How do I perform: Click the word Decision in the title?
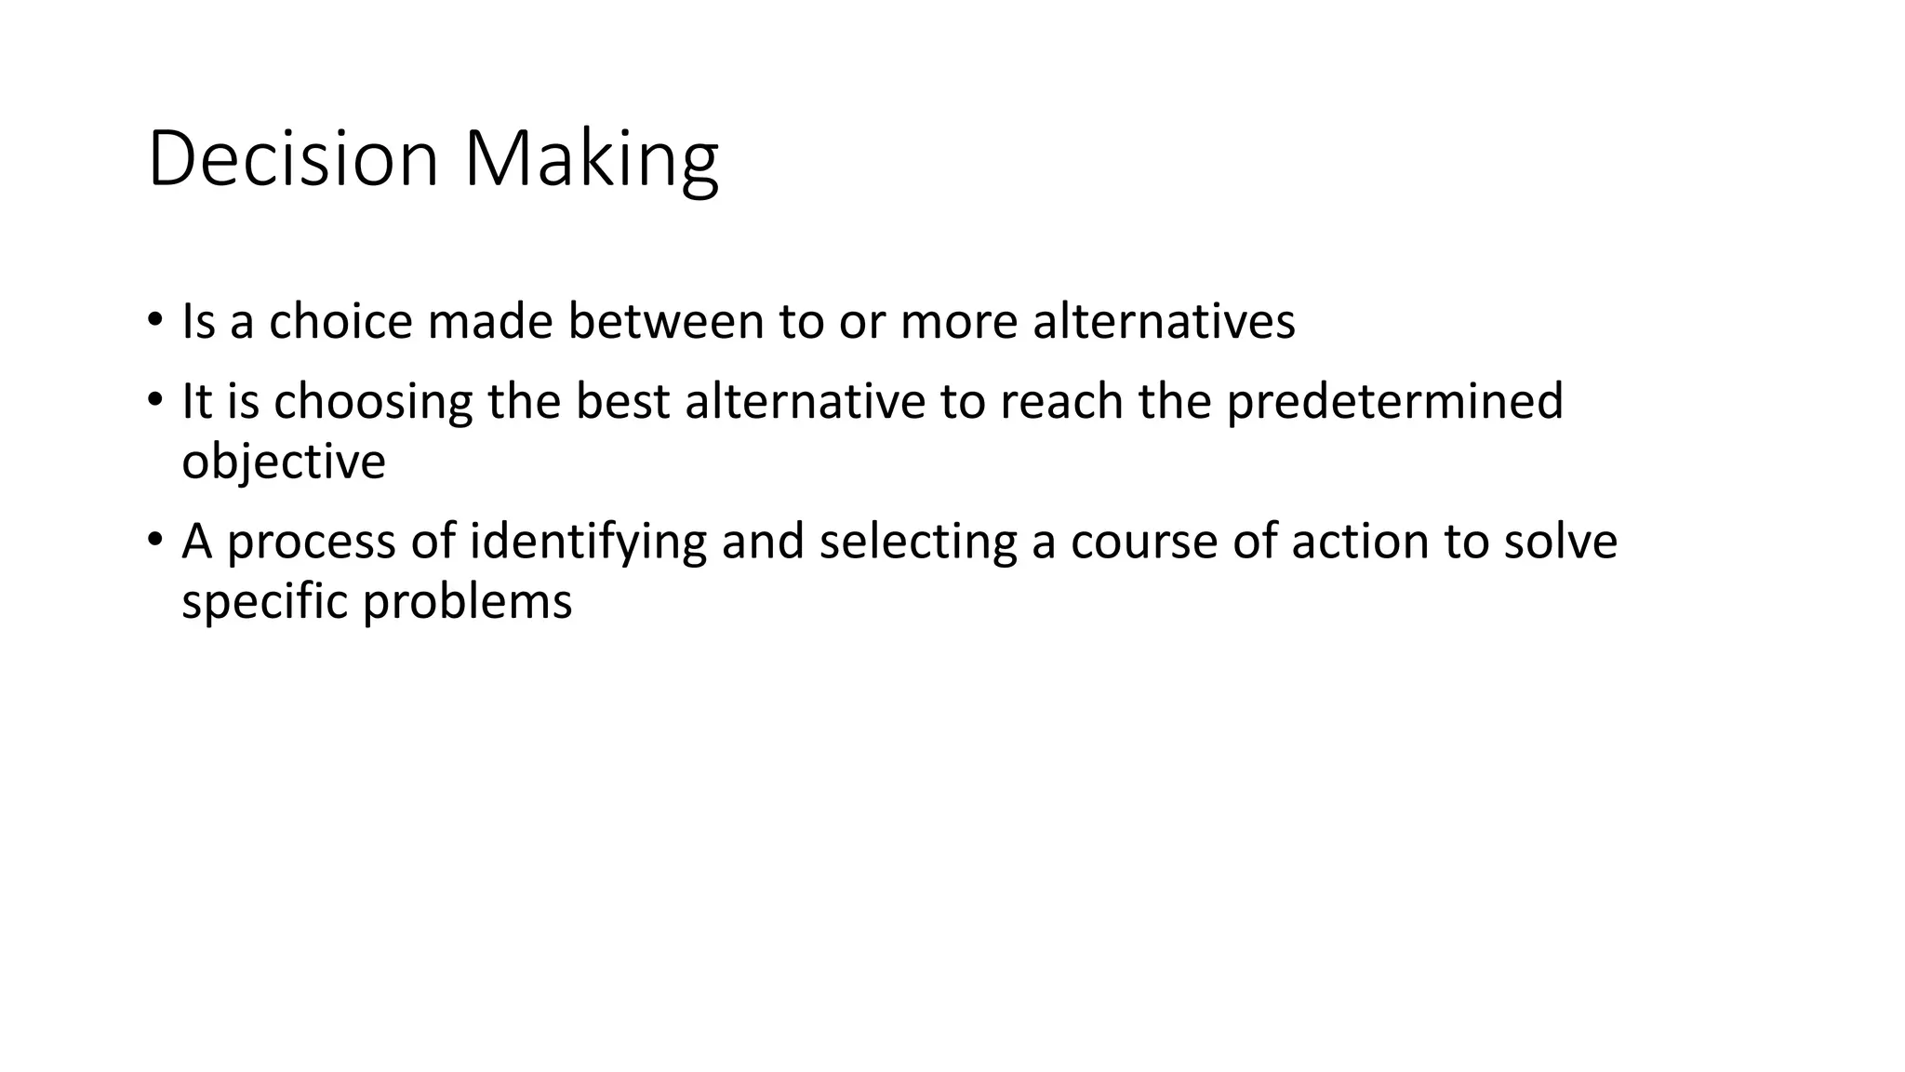click(292, 159)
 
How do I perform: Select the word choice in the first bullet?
click(340, 321)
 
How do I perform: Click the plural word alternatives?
click(1164, 321)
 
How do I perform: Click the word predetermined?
click(1394, 401)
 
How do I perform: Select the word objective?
click(284, 462)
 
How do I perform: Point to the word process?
click(312, 543)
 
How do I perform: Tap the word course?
click(1144, 543)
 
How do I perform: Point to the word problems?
click(467, 602)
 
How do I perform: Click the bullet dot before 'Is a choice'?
click(154, 320)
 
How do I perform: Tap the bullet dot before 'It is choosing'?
click(154, 401)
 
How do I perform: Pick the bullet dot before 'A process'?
click(154, 541)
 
